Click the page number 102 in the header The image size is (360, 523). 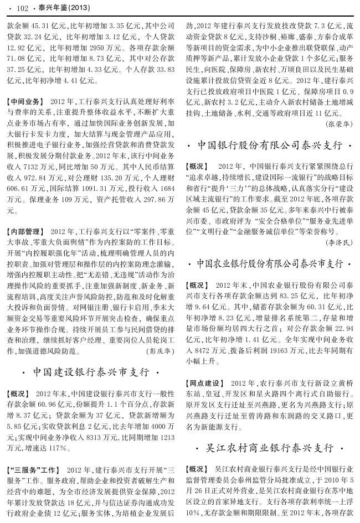pyautogui.click(x=23, y=8)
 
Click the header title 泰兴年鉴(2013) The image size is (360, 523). pyautogui.click(x=58, y=8)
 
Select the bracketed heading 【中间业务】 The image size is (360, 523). pyautogui.click(x=25, y=102)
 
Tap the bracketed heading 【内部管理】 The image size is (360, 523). pyautogui.click(x=25, y=231)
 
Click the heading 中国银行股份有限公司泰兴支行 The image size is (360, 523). pyautogui.click(x=270, y=146)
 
